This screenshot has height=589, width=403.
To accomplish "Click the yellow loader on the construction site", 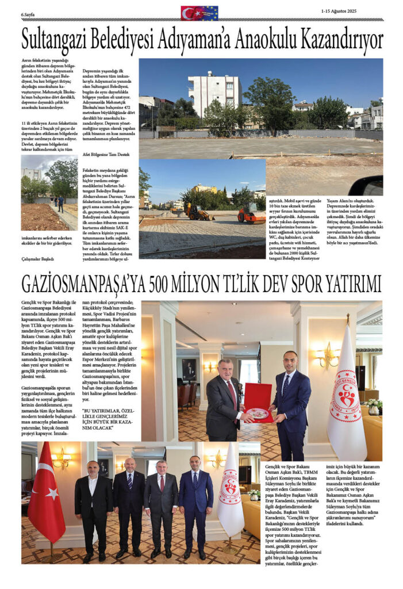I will point(199,212).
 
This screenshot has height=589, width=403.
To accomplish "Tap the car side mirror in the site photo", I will point(373,186).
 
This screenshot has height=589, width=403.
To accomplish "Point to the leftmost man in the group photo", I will point(93,506).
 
